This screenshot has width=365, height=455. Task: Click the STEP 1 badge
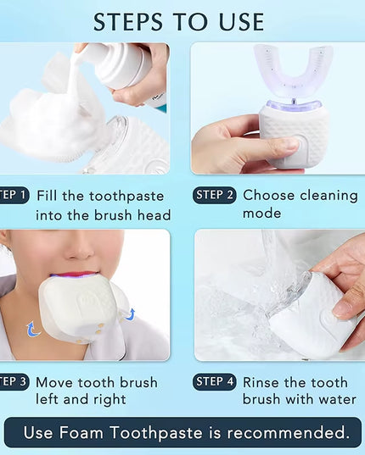click(14, 196)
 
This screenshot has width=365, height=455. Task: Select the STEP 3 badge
click(14, 382)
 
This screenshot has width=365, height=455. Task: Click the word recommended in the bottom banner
click(283, 433)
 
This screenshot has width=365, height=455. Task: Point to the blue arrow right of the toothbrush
click(130, 314)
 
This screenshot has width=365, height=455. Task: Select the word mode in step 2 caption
click(261, 214)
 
